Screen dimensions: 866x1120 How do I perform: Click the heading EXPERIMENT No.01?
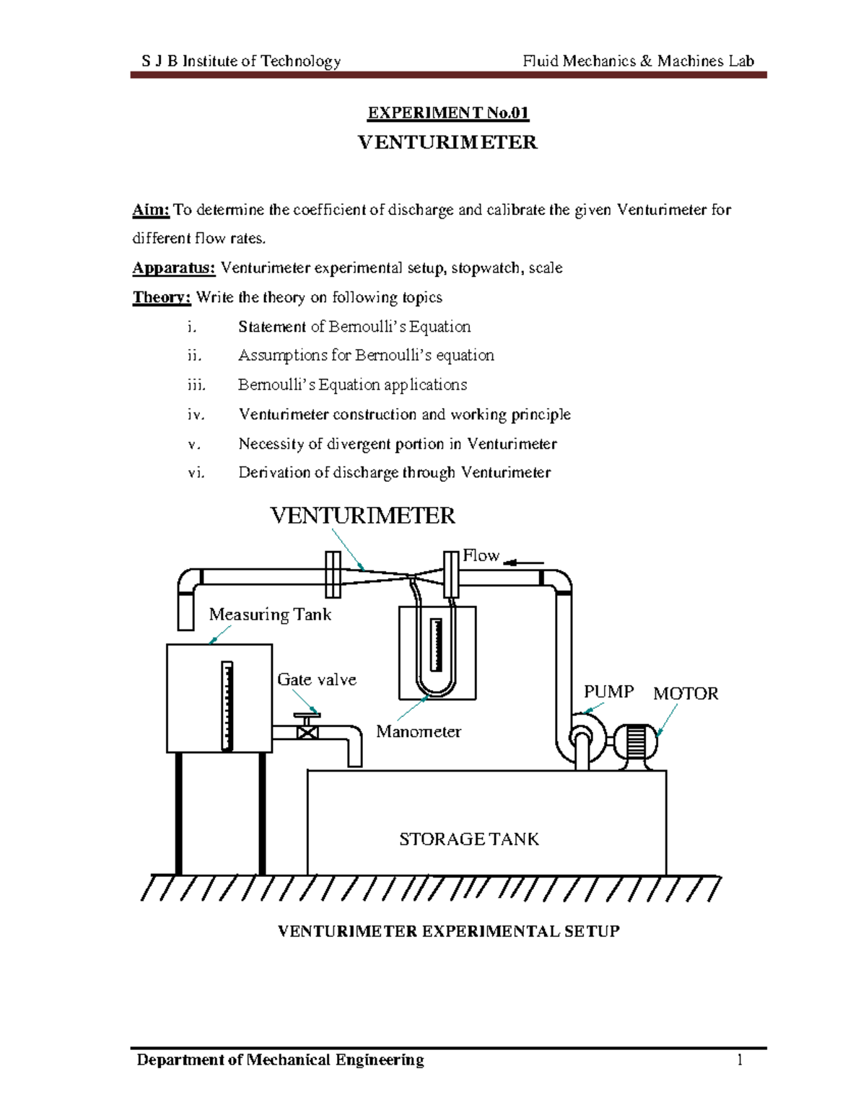coord(447,113)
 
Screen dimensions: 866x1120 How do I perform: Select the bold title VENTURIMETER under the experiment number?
coord(447,142)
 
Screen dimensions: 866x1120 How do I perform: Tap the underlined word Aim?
coord(151,210)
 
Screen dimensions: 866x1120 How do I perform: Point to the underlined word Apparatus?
coord(174,268)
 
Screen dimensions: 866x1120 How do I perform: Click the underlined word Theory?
coord(162,297)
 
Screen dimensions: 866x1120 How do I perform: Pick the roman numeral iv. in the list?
coord(196,415)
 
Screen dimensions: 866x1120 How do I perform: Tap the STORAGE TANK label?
coord(469,839)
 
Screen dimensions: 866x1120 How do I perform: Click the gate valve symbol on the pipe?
coord(307,731)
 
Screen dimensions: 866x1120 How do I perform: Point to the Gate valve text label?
coord(317,680)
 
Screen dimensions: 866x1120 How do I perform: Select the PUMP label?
coord(608,692)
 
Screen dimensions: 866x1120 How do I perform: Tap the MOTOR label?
coord(686,694)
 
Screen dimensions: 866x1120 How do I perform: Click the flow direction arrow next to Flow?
coord(523,563)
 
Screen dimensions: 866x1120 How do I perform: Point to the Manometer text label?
coord(419,732)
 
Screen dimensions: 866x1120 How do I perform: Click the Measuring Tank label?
coord(270,614)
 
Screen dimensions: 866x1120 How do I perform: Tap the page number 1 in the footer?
coord(740,1059)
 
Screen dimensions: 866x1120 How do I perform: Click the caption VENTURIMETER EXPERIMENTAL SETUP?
coord(448,932)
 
